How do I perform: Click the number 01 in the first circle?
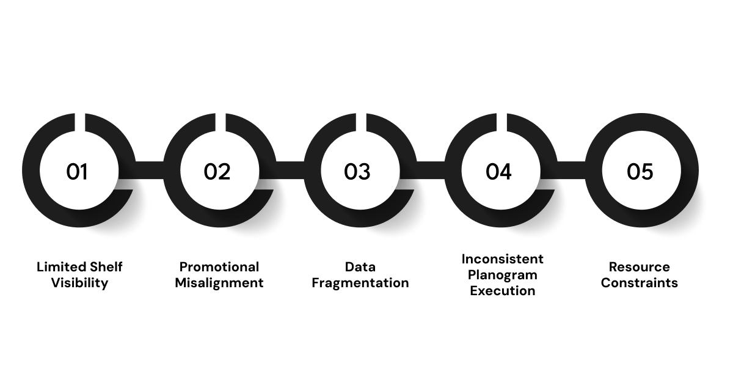(78, 172)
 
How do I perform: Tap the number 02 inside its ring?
(217, 172)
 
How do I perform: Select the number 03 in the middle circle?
(357, 172)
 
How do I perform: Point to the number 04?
(498, 172)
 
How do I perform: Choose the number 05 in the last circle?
(640, 172)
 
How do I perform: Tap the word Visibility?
(79, 283)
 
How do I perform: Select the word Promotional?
(219, 267)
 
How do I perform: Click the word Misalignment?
(219, 283)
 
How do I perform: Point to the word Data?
(360, 267)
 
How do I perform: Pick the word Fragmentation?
(360, 283)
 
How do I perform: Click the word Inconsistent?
(502, 258)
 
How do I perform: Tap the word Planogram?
(502, 274)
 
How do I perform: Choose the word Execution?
(502, 291)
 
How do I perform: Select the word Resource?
(639, 267)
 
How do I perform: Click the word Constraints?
(639, 283)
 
